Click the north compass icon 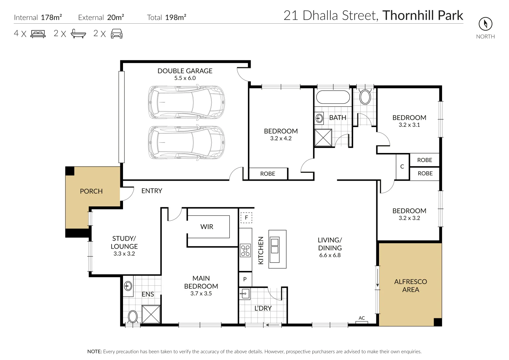[485, 24]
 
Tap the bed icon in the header [38, 34]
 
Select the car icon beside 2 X [116, 34]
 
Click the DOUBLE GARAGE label [185, 71]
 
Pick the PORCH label [91, 191]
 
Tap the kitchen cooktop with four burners [245, 251]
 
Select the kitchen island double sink [275, 246]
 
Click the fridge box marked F [246, 218]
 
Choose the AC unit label [362, 318]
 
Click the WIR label [207, 227]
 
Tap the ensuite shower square [151, 314]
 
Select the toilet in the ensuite [133, 317]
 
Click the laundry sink [244, 294]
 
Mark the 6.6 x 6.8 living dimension [330, 255]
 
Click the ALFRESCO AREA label [410, 286]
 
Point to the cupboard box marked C [402, 167]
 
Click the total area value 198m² [176, 18]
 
